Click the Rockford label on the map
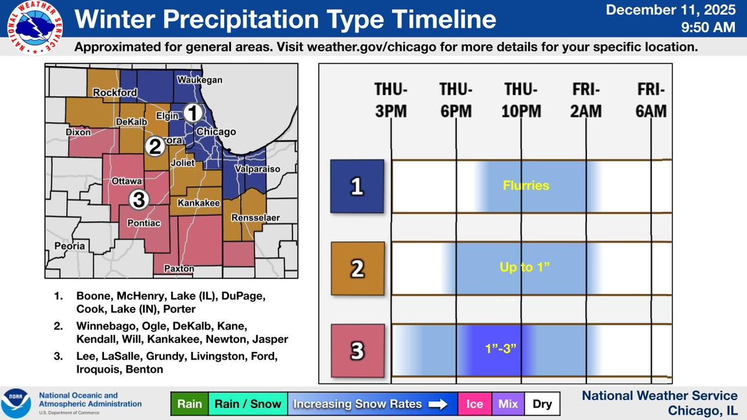click(x=115, y=93)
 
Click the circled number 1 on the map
click(x=194, y=113)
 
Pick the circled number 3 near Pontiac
click(x=139, y=199)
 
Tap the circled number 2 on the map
click(x=154, y=147)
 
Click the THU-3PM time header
click(x=390, y=100)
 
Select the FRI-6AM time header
click(x=651, y=100)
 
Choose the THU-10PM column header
click(x=521, y=100)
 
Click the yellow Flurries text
click(x=527, y=185)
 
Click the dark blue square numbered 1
click(x=357, y=185)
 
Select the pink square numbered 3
click(x=357, y=351)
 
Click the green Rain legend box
click(x=189, y=404)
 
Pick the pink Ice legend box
click(x=475, y=404)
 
